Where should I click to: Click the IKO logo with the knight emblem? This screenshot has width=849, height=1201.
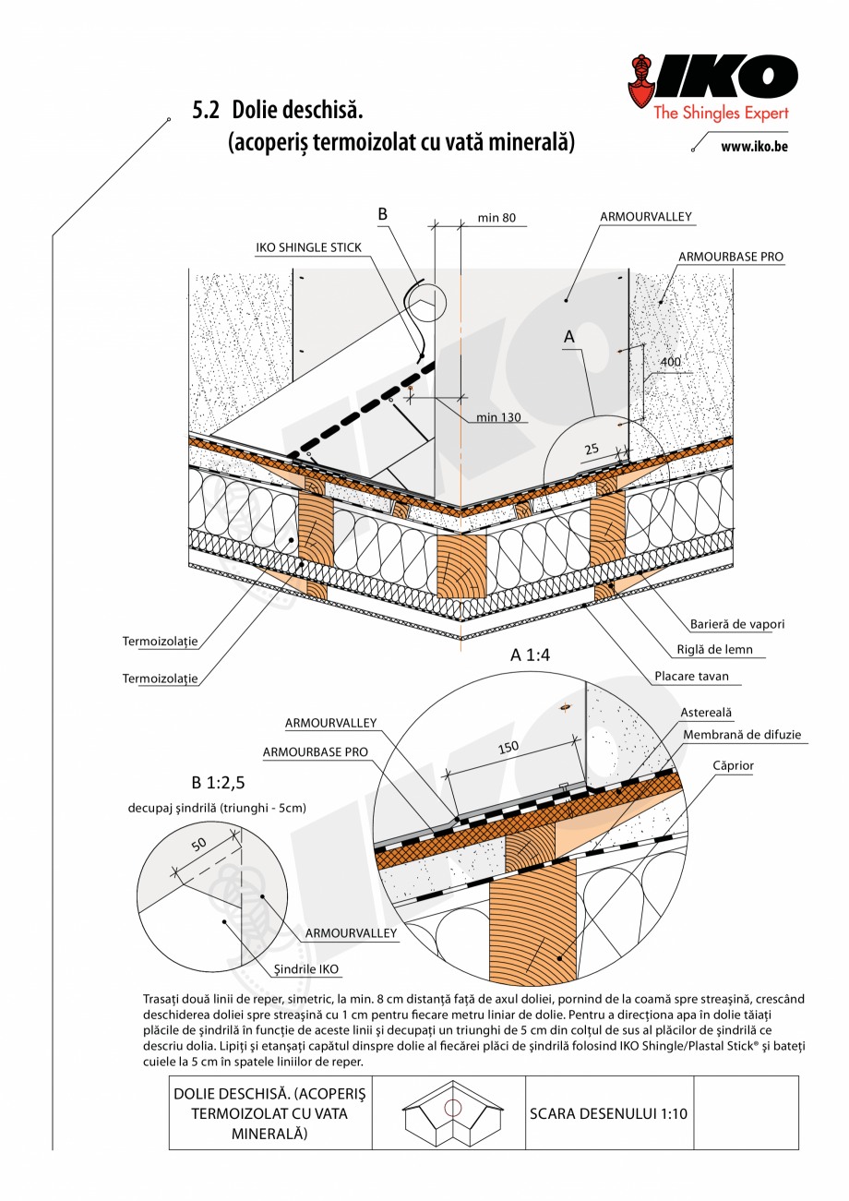(x=711, y=88)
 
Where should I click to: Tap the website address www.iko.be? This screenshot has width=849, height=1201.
(x=754, y=146)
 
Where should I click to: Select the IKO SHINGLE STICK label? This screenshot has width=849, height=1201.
(x=308, y=247)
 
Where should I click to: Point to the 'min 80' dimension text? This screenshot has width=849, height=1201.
(x=496, y=219)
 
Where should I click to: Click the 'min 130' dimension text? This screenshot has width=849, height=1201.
(x=498, y=417)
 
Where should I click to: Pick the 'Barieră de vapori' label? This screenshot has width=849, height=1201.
(x=737, y=624)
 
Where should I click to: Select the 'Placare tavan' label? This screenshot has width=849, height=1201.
(x=691, y=676)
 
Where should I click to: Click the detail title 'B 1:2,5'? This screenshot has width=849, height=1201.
(x=218, y=783)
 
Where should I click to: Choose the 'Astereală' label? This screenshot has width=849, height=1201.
(x=706, y=713)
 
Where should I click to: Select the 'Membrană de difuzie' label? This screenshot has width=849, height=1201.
(x=742, y=735)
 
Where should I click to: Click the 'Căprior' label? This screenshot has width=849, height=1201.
(x=733, y=766)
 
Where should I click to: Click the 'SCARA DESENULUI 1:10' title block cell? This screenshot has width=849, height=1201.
(x=608, y=1113)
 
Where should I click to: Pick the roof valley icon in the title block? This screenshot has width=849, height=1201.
(x=452, y=1113)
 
